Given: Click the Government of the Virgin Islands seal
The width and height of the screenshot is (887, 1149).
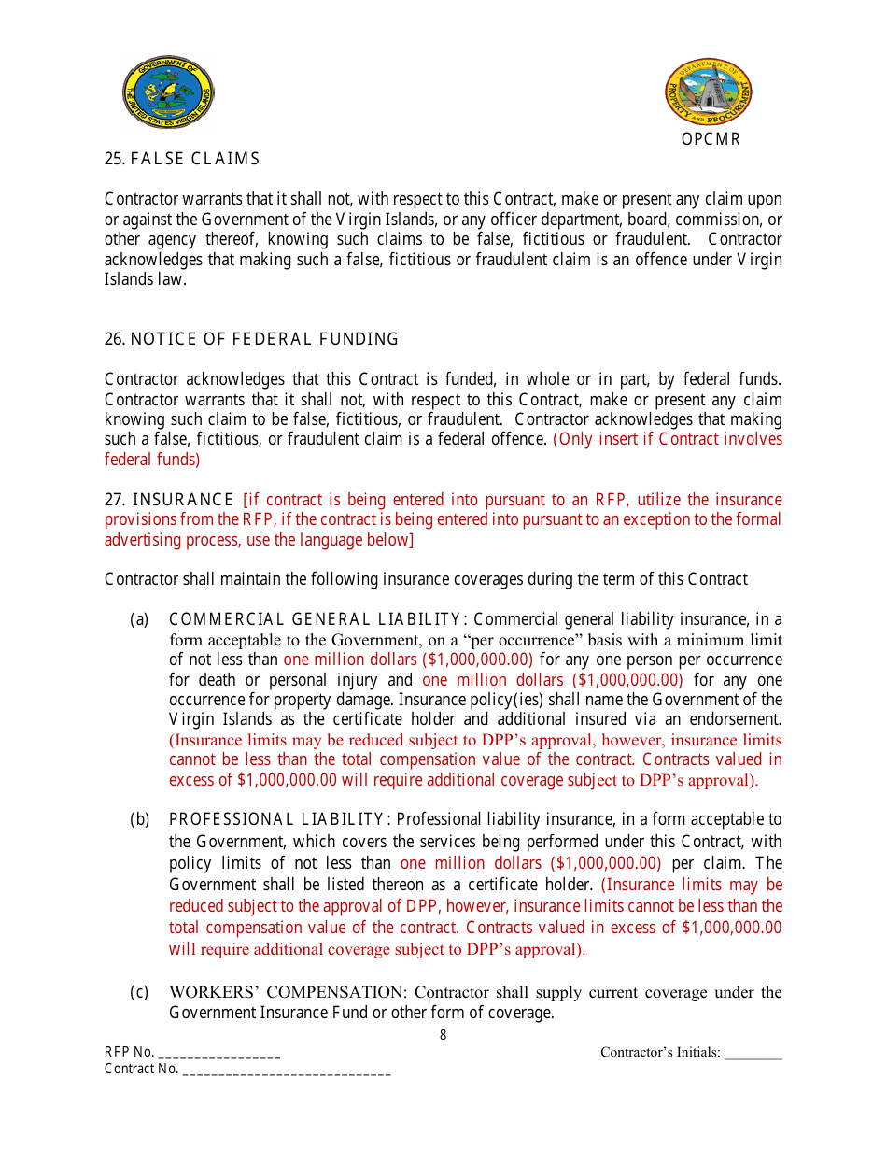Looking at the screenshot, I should click(169, 92).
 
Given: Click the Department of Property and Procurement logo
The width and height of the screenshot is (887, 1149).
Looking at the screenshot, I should click(709, 92).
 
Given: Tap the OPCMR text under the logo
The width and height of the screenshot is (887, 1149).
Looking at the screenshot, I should click(711, 139).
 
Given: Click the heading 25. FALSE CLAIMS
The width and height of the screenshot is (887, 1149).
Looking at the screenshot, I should click(182, 159).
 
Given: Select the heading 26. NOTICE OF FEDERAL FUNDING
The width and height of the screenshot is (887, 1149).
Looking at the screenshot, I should click(251, 339).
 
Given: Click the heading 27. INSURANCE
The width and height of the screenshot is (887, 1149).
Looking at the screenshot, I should click(169, 500).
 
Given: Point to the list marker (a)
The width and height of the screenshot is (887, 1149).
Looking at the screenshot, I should click(139, 619).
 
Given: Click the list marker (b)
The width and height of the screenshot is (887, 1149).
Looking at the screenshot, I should click(139, 819).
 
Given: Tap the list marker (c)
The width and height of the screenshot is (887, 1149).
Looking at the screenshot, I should click(139, 992).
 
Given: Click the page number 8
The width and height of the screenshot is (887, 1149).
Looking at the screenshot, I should click(443, 1035).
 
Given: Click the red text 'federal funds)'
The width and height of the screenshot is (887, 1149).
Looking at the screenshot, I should click(152, 460).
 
